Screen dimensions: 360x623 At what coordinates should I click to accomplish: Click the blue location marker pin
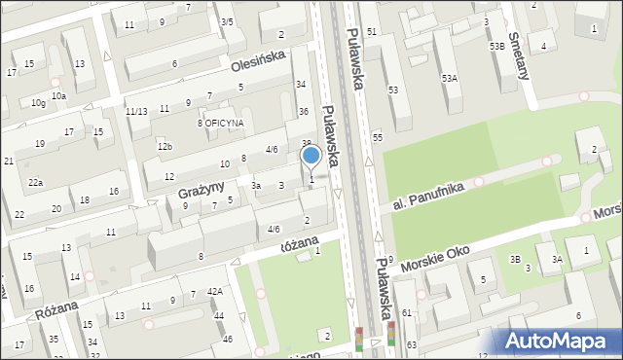311,156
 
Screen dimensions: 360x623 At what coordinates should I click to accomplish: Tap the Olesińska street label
258,61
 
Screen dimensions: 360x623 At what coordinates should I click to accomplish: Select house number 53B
497,46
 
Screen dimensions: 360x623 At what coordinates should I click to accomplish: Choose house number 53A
449,78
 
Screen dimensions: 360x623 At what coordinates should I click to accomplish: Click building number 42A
215,290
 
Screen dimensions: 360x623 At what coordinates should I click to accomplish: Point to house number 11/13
136,111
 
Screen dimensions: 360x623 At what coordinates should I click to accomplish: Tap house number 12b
165,147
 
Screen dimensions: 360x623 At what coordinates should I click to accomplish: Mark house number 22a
35,183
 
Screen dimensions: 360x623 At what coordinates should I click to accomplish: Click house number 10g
38,102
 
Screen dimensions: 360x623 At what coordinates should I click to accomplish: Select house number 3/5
227,21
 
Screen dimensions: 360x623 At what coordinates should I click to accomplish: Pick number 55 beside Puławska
377,138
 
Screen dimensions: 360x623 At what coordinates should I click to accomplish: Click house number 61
407,312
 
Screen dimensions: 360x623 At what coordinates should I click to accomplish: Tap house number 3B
515,259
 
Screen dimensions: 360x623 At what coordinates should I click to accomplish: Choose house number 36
303,111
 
